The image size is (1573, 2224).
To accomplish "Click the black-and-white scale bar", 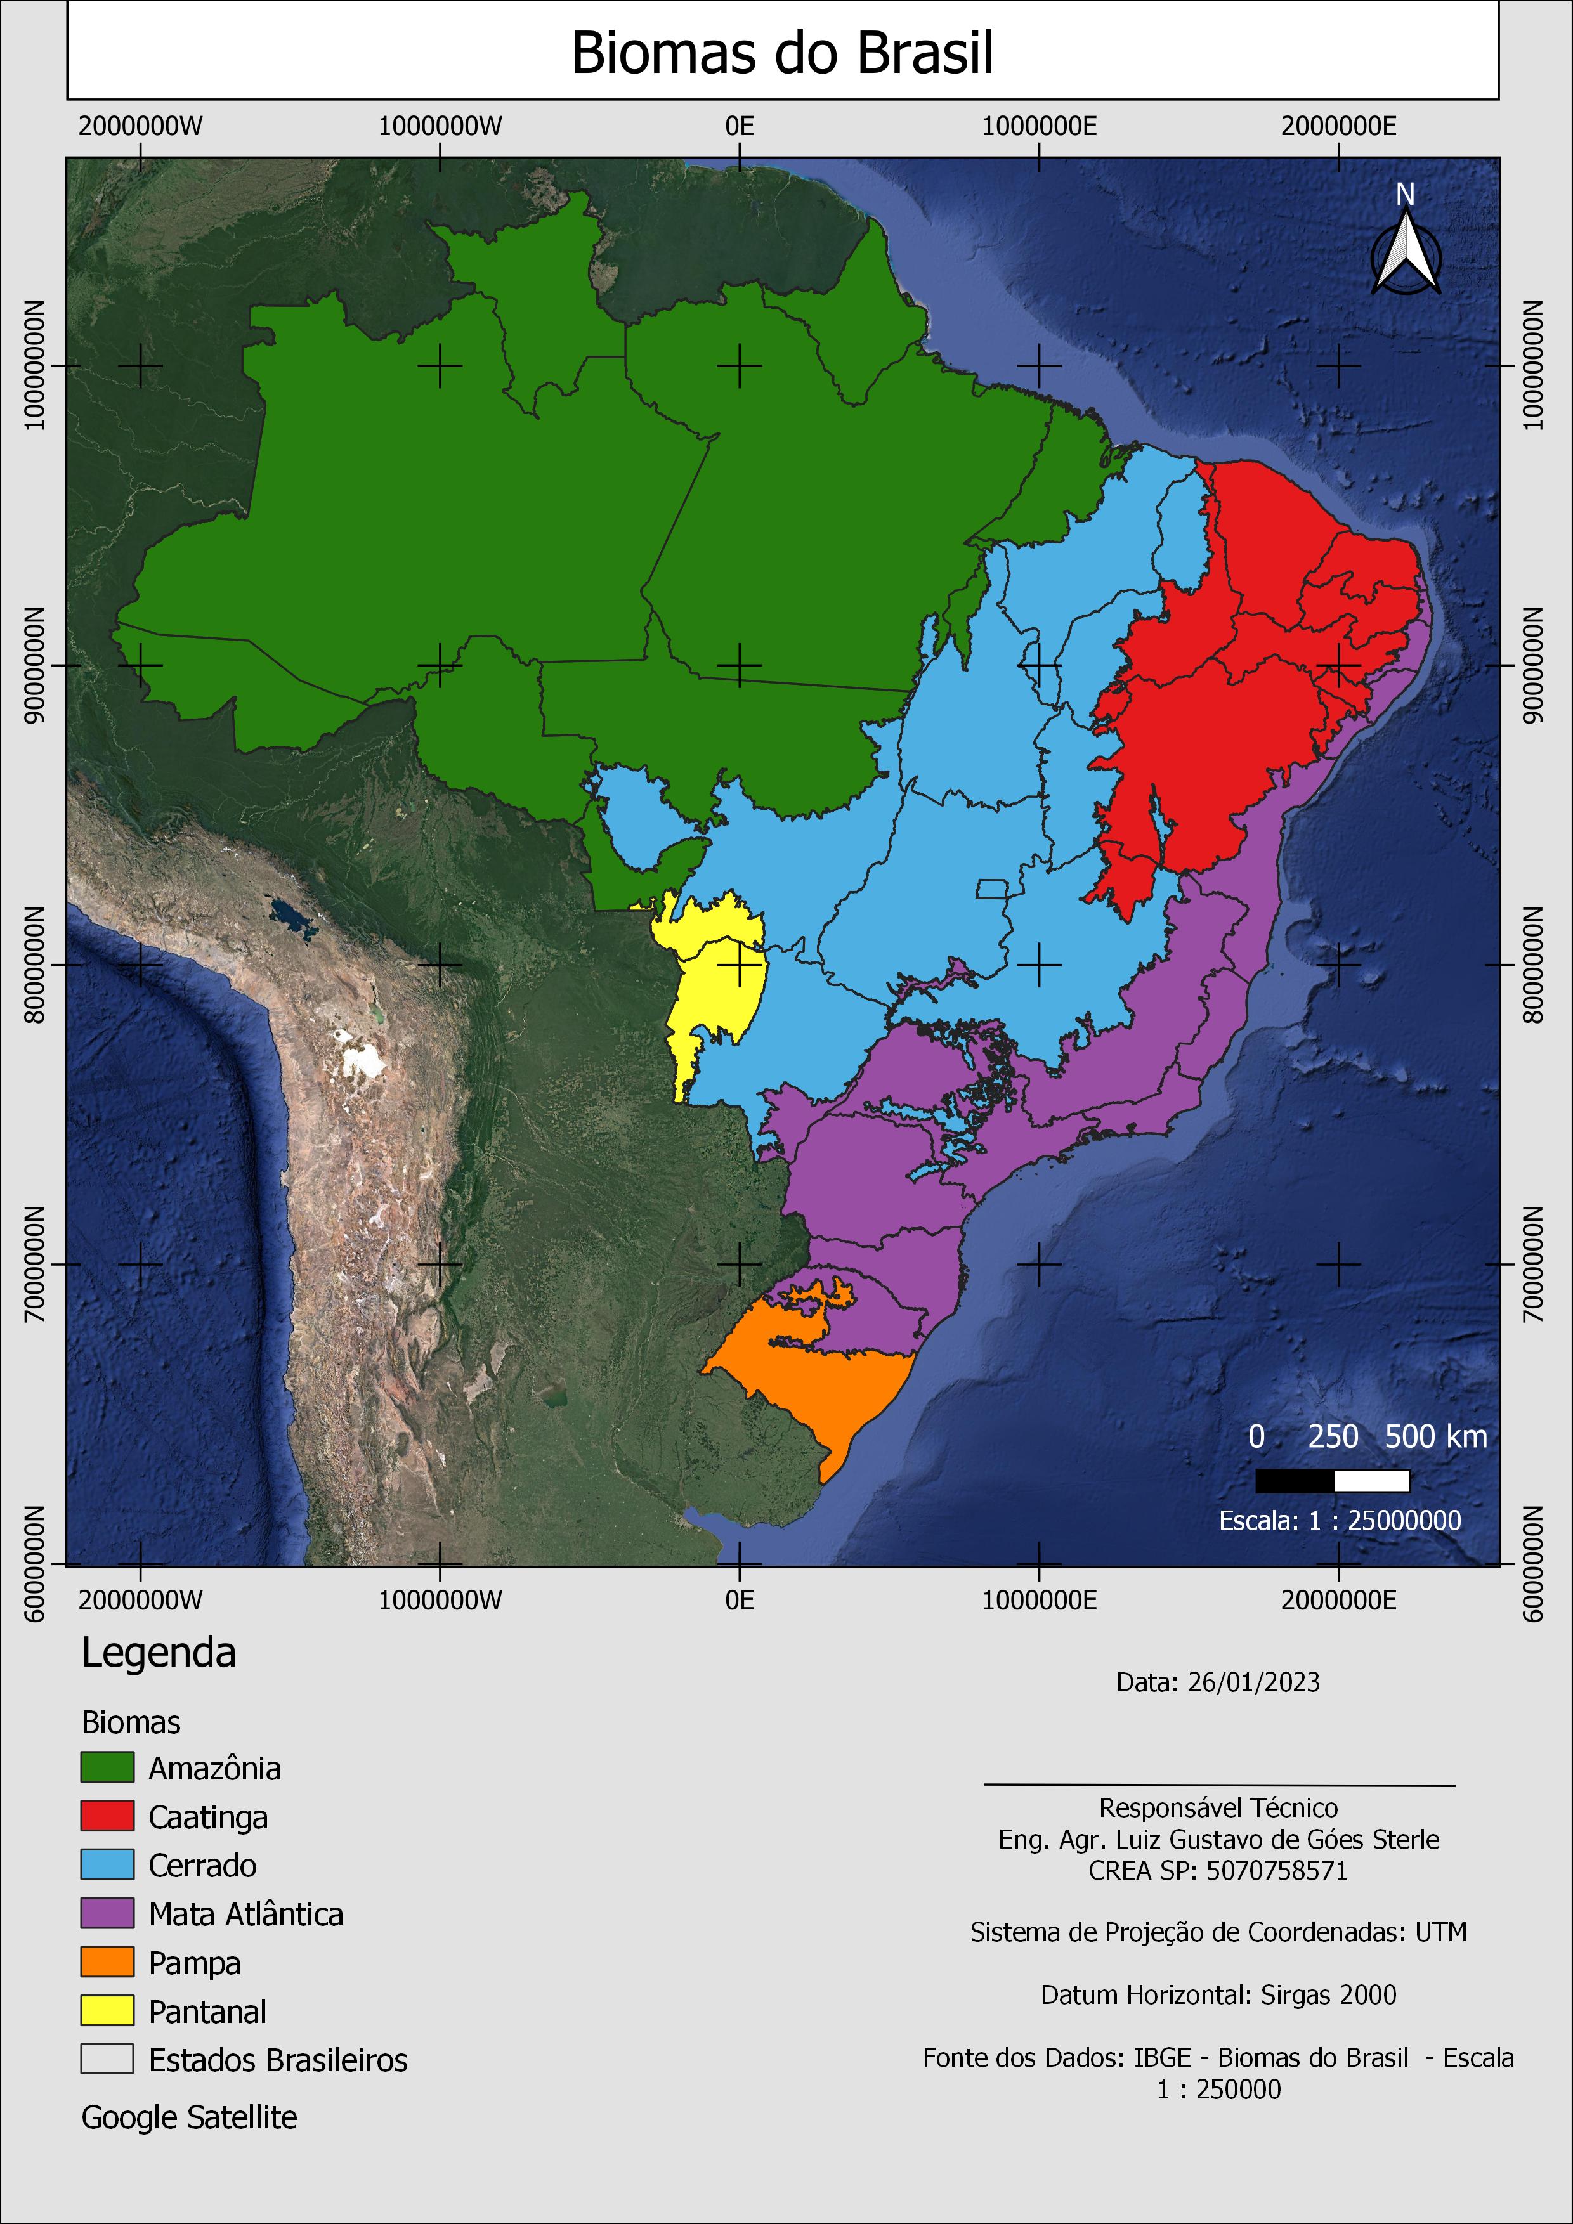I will pos(1332,1481).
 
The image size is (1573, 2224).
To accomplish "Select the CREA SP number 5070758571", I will pos(1277,1870).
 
